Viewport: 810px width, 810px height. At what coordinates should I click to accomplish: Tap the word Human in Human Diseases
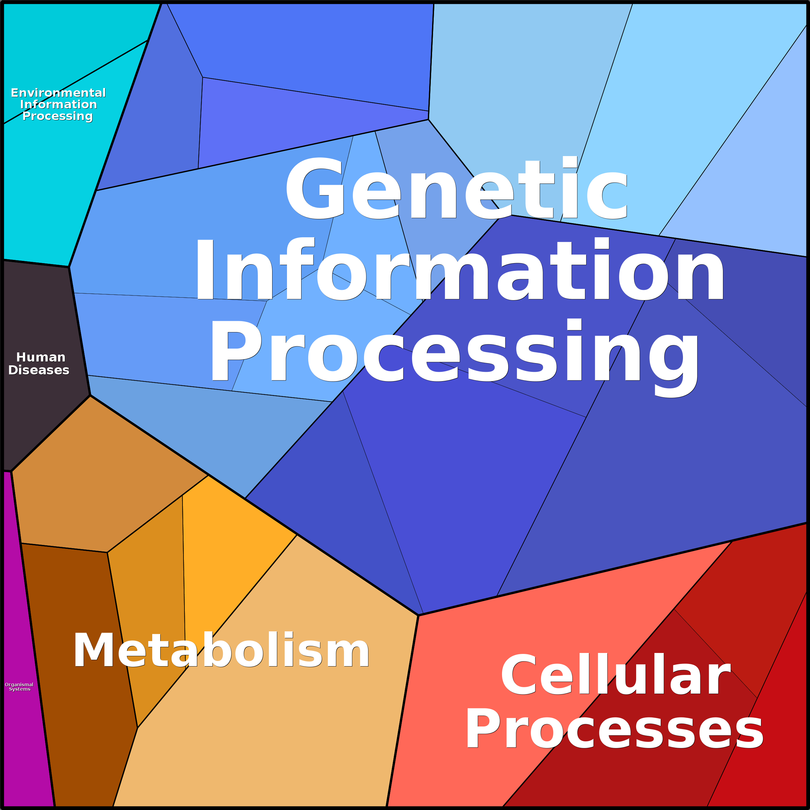41,357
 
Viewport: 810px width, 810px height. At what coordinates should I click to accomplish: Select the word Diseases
39,370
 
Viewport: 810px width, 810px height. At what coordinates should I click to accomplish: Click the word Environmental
58,93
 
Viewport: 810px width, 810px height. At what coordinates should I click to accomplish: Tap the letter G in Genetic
314,189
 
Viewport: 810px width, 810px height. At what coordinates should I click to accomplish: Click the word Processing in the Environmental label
57,116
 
